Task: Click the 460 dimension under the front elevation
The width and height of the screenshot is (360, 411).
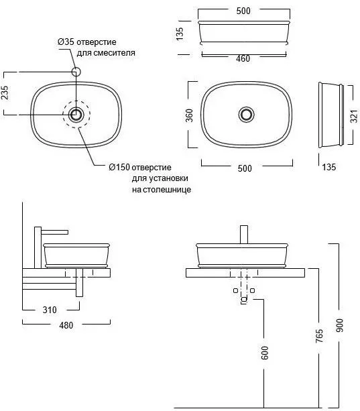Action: [243, 58]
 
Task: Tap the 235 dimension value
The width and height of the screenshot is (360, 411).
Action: [5, 93]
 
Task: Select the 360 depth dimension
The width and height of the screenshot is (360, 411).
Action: [189, 115]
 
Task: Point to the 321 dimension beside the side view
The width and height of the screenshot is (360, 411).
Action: [354, 116]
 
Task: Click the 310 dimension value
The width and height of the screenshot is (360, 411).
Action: [50, 310]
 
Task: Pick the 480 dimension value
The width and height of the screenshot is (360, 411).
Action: [66, 325]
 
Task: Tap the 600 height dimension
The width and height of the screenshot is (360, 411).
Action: [265, 353]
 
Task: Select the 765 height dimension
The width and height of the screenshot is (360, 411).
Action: [319, 336]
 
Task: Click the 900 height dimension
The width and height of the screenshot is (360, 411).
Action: [339, 325]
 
